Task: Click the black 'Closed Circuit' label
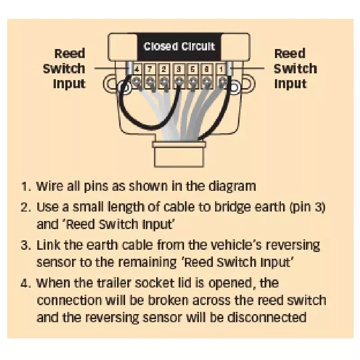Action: coord(179,47)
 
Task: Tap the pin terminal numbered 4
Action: coord(137,69)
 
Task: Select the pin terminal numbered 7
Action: coord(150,69)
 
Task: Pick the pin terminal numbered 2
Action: coord(164,69)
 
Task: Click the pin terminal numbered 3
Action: coord(179,69)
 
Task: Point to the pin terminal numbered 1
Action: coord(221,69)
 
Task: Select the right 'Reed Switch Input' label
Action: coord(296,68)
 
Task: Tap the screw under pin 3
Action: coord(179,81)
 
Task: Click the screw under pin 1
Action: coord(221,81)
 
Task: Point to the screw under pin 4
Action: coord(137,81)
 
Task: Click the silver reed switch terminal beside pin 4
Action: coord(130,68)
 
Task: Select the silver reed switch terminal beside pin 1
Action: coord(229,68)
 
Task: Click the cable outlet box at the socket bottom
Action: coord(179,154)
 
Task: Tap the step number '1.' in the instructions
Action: coord(26,186)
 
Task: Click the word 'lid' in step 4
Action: coord(185,283)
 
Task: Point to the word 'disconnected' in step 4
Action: coord(266,318)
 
